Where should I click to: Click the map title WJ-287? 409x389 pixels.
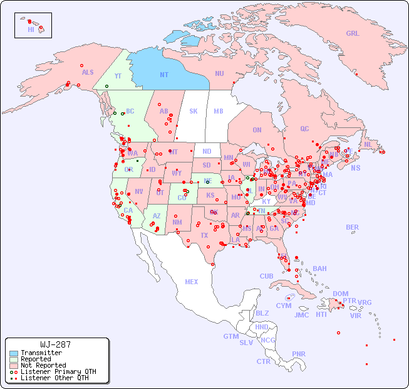coord(55,344)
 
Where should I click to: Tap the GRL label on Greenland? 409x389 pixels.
coord(353,34)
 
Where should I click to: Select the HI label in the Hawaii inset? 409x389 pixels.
coord(31,29)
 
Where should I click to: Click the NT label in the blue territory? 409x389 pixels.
coord(163,75)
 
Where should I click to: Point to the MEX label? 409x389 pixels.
coord(192,282)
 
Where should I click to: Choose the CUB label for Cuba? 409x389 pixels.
coord(266,276)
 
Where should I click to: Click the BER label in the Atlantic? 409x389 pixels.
coord(352,227)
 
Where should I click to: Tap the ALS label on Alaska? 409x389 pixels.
coord(88,73)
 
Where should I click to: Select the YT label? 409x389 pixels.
coord(117,76)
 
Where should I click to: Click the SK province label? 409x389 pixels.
coord(194,111)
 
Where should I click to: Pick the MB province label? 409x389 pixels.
coord(218,111)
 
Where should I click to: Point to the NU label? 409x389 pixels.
coord(219,73)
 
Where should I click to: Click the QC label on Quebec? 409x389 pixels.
coord(304,129)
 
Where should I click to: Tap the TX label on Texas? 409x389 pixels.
coord(204,235)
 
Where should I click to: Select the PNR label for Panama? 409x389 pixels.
coord(299,354)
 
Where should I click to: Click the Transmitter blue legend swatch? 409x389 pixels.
coord(14,353)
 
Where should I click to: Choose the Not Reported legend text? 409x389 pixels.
coord(43,365)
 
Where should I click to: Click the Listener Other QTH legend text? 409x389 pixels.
coord(54,378)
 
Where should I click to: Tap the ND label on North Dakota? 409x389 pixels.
coord(207,151)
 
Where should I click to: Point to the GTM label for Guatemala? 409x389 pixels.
coord(231,336)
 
